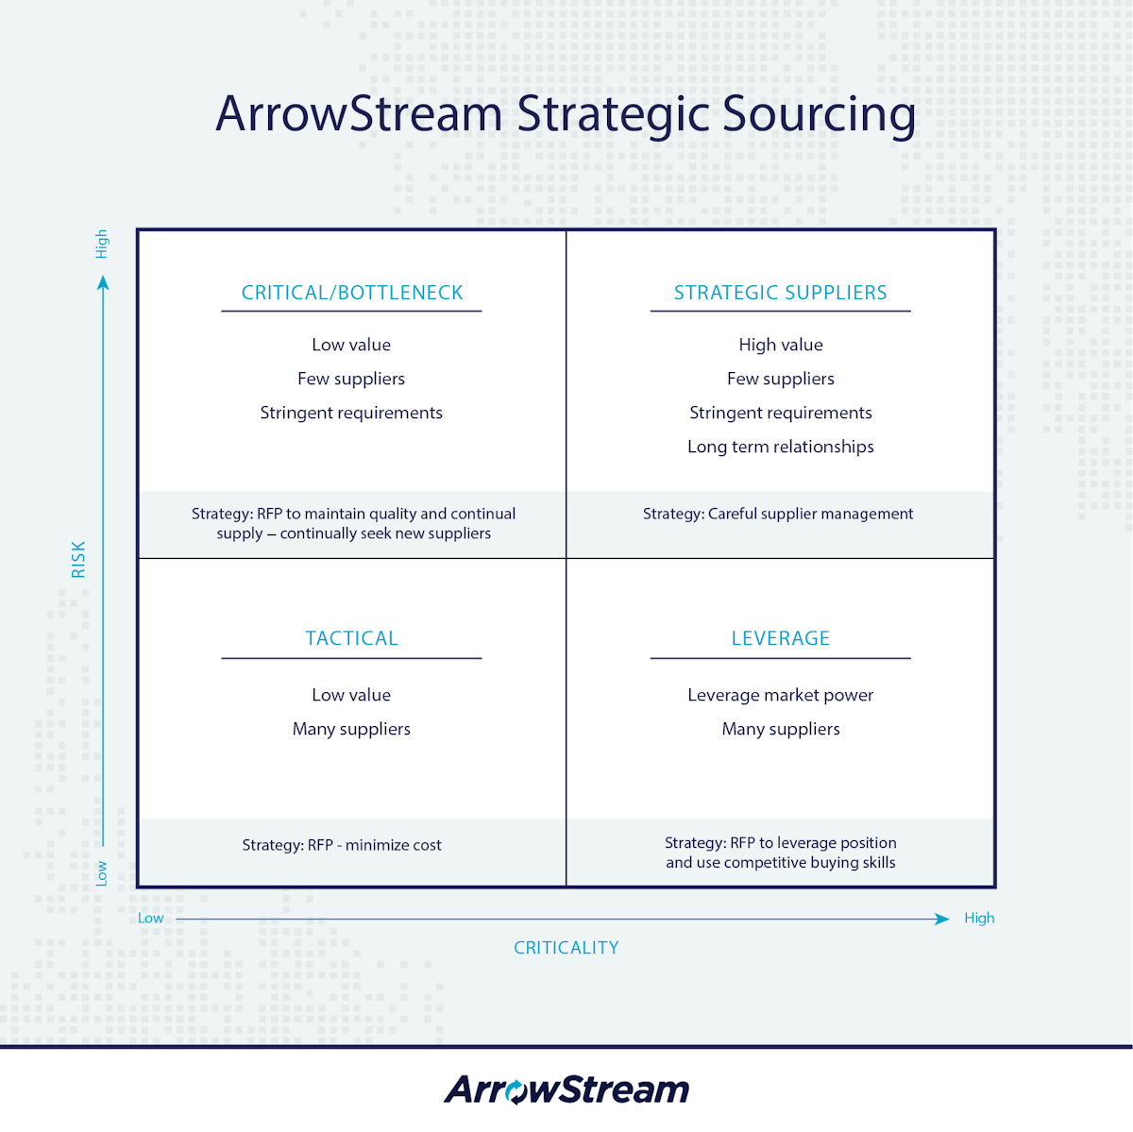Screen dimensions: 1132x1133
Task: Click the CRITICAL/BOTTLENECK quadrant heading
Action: point(352,293)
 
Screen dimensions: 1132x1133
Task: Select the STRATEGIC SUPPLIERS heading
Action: point(780,293)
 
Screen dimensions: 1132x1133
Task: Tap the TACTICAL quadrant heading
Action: point(351,638)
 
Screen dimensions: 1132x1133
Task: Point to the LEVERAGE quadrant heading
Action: point(780,638)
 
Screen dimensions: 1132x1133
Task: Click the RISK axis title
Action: point(78,559)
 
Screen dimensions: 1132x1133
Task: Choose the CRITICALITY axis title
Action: point(566,948)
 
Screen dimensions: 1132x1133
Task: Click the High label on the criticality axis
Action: point(979,918)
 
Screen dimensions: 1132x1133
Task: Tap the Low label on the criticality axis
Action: point(151,918)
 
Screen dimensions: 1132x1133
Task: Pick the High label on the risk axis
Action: point(102,244)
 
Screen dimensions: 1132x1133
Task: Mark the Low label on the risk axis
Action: point(102,873)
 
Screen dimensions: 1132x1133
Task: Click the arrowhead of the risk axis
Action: point(103,282)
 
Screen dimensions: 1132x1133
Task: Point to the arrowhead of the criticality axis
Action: point(941,919)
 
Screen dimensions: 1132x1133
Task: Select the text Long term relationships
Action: point(780,447)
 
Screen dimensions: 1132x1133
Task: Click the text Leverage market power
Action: point(780,695)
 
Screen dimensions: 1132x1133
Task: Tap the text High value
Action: point(780,345)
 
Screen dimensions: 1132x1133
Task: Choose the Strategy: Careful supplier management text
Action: point(778,514)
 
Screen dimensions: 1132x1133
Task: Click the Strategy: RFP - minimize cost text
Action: point(342,845)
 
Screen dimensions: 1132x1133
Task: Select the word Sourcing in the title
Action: point(819,114)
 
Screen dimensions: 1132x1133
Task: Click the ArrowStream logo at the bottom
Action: point(566,1089)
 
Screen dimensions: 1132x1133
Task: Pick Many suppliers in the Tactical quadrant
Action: point(351,729)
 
